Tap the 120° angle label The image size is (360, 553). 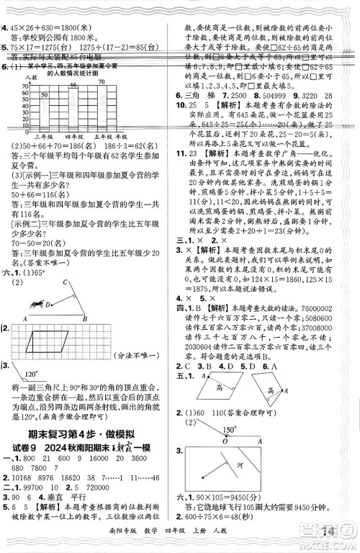pyautogui.click(x=31, y=375)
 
